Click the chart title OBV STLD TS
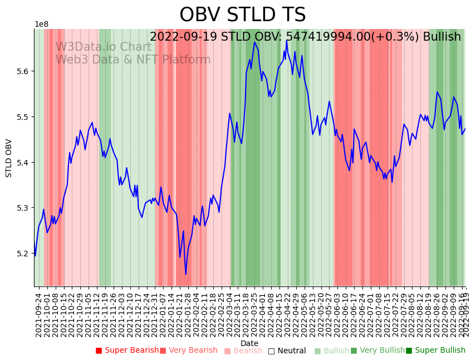(x=242, y=15)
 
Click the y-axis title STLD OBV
(x=9, y=158)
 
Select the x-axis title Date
(x=249, y=343)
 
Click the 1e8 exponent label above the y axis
(x=41, y=25)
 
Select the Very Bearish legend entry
(x=189, y=351)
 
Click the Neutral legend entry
(x=287, y=351)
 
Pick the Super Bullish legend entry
(x=435, y=351)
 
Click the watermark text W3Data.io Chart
(x=104, y=47)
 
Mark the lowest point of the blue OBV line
(x=186, y=274)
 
